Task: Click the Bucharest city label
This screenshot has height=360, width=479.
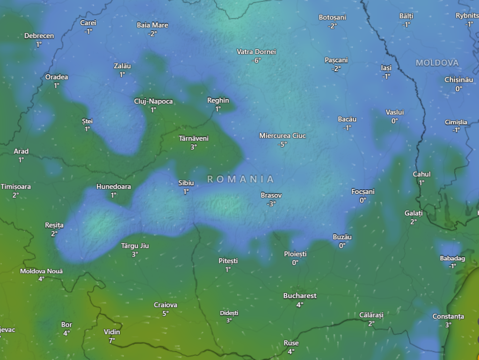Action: (x=300, y=295)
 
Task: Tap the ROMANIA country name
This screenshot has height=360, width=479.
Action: (x=241, y=179)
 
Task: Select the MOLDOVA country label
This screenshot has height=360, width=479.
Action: (x=437, y=63)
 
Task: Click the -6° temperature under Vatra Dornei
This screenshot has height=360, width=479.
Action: (x=256, y=60)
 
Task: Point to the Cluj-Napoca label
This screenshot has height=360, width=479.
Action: (x=153, y=101)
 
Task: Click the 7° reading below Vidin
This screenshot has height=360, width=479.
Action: (x=112, y=340)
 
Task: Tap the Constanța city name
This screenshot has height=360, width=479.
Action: (x=448, y=317)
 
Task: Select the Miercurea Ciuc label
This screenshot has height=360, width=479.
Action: (x=283, y=136)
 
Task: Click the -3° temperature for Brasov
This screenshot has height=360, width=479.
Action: (x=271, y=203)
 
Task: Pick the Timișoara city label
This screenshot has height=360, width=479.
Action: (x=16, y=187)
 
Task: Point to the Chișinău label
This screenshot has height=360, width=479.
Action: (x=458, y=80)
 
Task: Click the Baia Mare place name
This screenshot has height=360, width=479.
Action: (x=152, y=25)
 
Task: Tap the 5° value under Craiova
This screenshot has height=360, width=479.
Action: (x=166, y=313)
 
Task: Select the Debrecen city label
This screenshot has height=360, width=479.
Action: (x=39, y=36)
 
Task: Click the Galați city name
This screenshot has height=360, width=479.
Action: (x=414, y=213)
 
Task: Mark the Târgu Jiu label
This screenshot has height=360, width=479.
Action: (x=135, y=245)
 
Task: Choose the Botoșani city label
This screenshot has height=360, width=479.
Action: (x=333, y=17)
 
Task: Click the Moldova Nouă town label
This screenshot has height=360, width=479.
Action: (x=41, y=271)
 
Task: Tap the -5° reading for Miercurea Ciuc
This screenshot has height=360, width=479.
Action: (x=282, y=144)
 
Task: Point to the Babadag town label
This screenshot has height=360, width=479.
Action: (x=452, y=258)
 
